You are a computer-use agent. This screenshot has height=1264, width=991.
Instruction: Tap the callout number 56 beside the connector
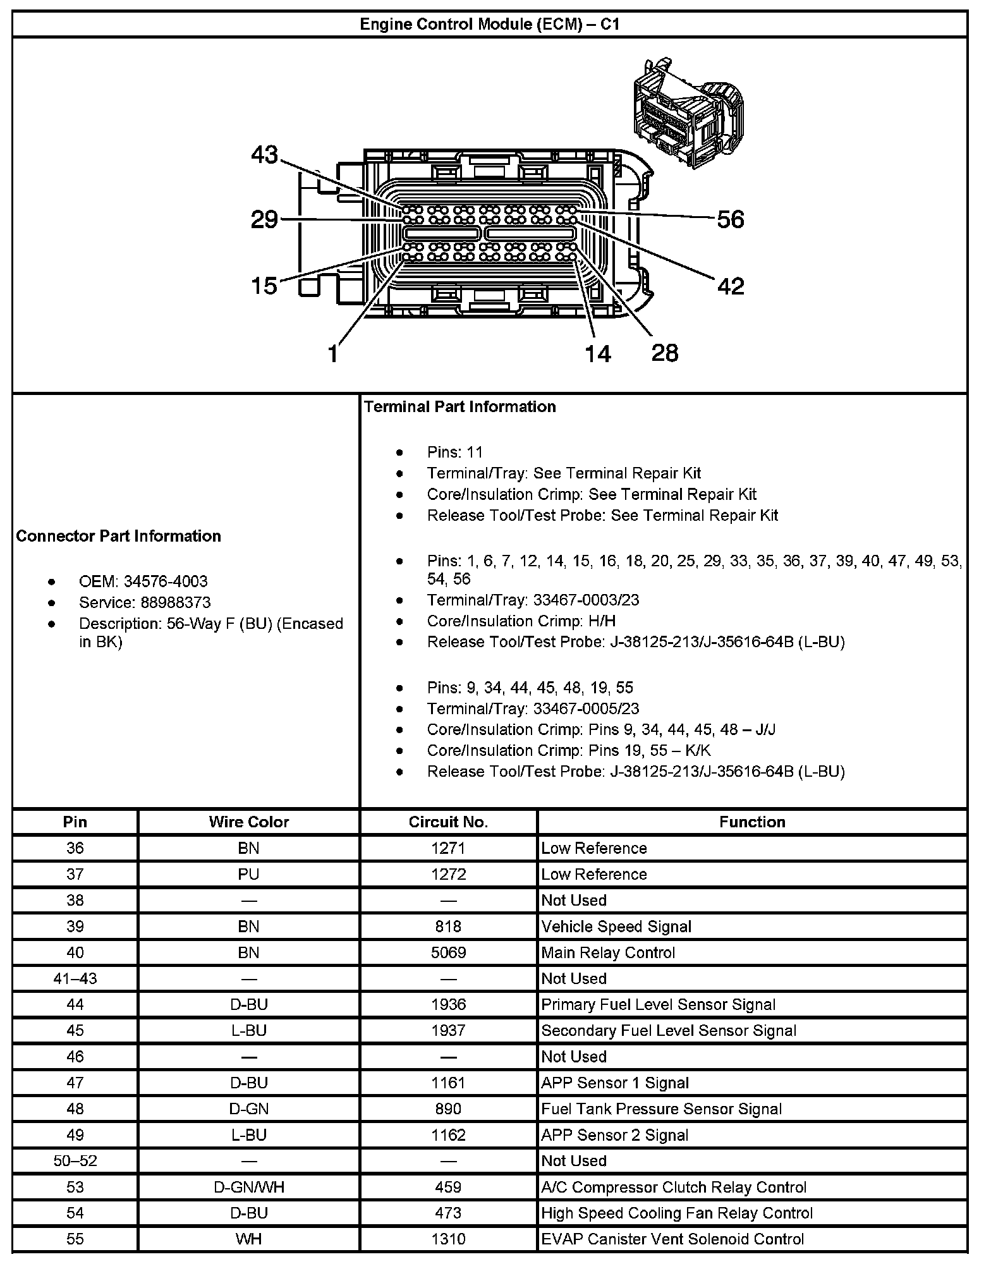click(x=731, y=219)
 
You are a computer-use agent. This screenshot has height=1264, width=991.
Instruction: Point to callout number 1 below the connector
click(x=333, y=353)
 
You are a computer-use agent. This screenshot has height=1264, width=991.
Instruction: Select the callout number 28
click(x=665, y=353)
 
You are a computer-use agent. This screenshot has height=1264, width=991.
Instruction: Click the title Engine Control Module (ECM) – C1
click(x=489, y=24)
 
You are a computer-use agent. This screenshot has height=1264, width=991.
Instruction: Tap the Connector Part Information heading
click(x=119, y=536)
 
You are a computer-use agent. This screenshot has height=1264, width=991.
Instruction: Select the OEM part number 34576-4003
click(x=166, y=581)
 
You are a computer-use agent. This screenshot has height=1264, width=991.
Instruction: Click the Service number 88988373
click(x=176, y=602)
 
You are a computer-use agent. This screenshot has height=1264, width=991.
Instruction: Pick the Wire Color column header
click(x=248, y=822)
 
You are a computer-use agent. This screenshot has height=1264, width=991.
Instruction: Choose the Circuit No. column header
click(x=448, y=822)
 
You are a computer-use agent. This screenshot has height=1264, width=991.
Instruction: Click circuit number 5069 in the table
click(x=448, y=952)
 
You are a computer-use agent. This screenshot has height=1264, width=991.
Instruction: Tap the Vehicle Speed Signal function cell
click(x=616, y=927)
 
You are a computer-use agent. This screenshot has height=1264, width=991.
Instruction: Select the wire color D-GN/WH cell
click(x=248, y=1187)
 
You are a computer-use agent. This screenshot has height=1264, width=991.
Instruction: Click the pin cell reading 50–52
click(x=75, y=1161)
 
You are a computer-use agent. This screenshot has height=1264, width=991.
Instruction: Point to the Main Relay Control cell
click(x=608, y=952)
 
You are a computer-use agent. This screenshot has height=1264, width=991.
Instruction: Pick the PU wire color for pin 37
click(x=248, y=874)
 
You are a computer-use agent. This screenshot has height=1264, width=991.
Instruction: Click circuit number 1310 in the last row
click(x=448, y=1239)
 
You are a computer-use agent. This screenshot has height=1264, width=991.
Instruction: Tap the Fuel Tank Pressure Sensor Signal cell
click(x=661, y=1109)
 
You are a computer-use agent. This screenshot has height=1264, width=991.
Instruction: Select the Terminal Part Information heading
click(x=459, y=406)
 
